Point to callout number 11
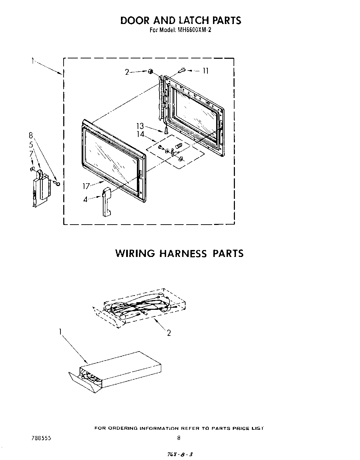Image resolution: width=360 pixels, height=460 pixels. [x=205, y=71]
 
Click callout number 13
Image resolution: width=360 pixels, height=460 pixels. [x=140, y=127]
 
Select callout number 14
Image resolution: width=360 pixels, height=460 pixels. [x=140, y=134]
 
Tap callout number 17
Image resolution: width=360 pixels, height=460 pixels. [x=86, y=186]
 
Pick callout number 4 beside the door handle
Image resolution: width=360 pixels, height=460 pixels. [x=85, y=200]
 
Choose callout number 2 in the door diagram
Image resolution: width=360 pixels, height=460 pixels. [x=127, y=72]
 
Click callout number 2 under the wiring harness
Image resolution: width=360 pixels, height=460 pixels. [x=169, y=333]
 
